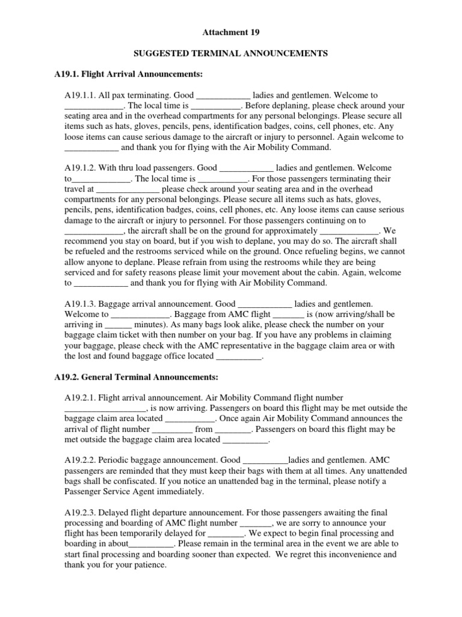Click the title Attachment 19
pyautogui.click(x=231, y=31)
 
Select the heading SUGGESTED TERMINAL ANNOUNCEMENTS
pyautogui.click(x=231, y=54)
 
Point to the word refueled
pyautogui.click(x=94, y=251)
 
